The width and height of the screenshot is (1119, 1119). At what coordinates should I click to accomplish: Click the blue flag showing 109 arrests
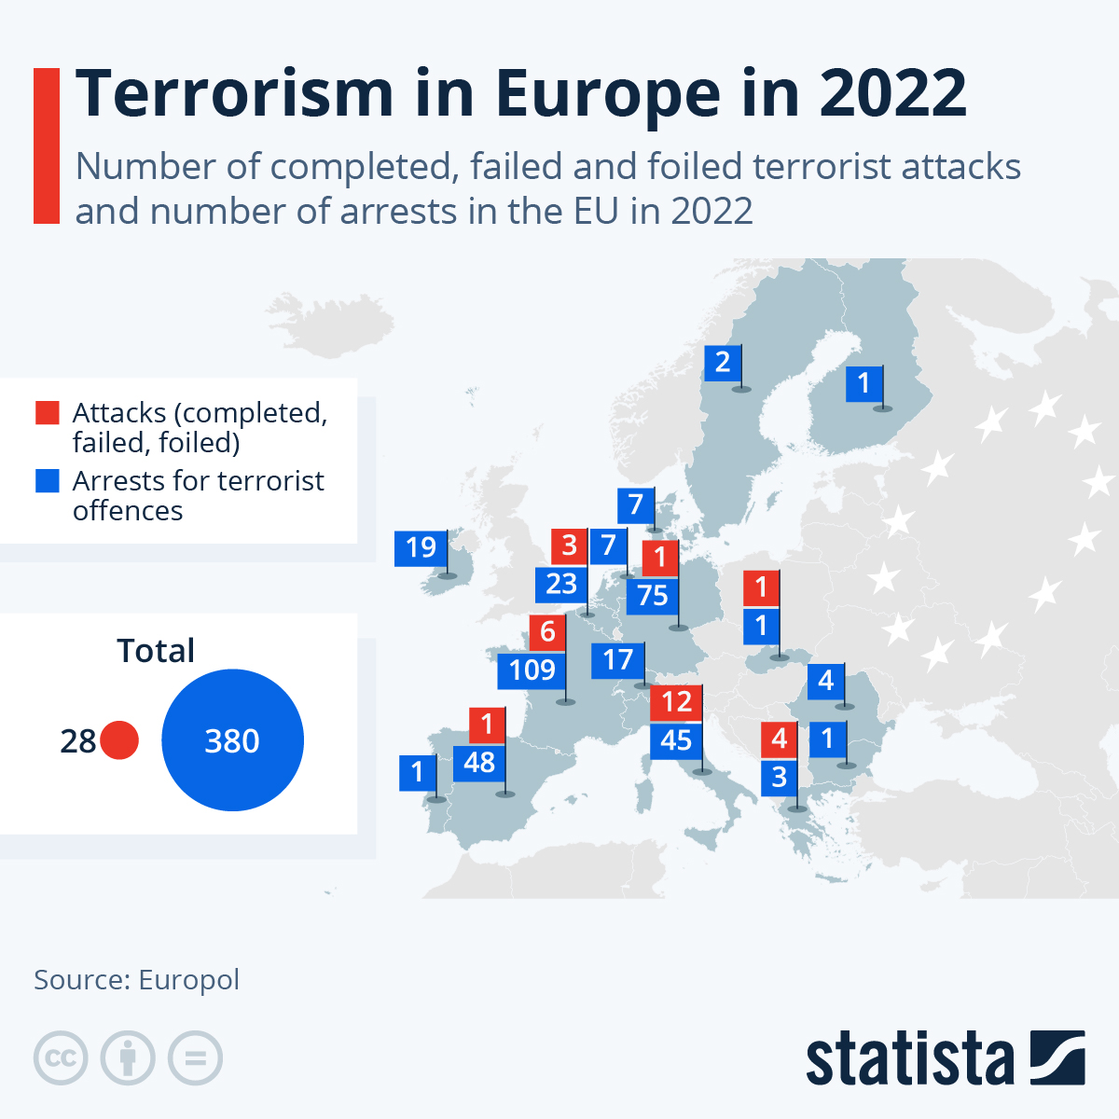click(532, 670)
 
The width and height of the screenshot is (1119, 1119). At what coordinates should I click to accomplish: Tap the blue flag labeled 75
click(653, 596)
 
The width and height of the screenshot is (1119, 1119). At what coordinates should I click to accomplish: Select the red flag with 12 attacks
click(676, 701)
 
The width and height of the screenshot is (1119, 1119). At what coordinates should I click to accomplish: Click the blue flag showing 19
click(421, 547)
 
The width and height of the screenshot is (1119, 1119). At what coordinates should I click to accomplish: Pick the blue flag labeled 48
click(479, 763)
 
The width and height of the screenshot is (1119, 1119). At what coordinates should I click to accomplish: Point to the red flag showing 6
click(547, 632)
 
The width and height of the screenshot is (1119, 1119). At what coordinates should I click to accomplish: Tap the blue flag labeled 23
click(561, 585)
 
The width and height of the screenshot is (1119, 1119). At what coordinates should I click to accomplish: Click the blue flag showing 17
click(617, 660)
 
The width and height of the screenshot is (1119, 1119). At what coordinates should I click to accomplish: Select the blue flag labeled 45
click(676, 740)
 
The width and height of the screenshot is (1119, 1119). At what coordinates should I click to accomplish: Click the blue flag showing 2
click(723, 362)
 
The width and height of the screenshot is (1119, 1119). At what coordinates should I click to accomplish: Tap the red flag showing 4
click(780, 739)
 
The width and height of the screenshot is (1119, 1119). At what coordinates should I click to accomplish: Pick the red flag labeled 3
click(569, 546)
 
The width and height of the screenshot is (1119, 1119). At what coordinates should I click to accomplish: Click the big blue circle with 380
click(232, 740)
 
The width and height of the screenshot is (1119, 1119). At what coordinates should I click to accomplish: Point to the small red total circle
click(119, 740)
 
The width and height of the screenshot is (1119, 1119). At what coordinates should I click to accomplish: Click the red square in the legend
click(47, 412)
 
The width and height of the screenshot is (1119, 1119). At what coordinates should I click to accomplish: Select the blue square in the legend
click(47, 480)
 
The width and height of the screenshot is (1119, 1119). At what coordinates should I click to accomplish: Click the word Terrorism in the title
click(235, 93)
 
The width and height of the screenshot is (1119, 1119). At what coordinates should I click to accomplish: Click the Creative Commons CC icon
click(61, 1058)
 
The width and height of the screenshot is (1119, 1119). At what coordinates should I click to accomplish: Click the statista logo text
click(909, 1058)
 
